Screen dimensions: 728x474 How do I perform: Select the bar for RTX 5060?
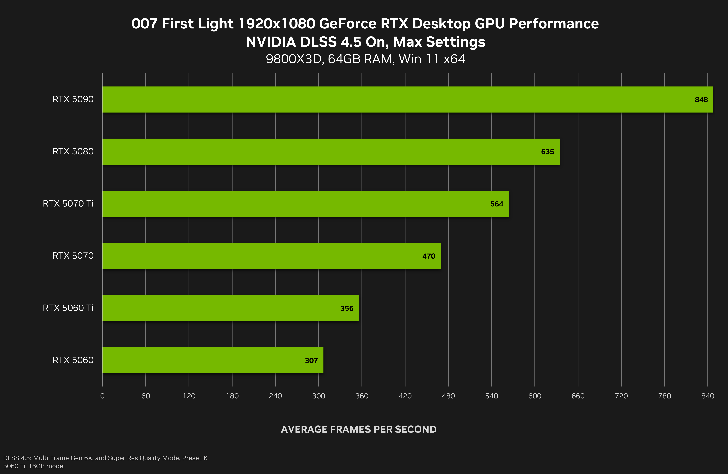[x=213, y=360]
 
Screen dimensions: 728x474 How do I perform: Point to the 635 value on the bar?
[x=548, y=152]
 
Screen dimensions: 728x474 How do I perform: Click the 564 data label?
[x=496, y=204]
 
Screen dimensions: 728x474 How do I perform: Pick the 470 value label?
[x=429, y=256]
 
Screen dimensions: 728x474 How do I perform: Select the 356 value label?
[x=347, y=308]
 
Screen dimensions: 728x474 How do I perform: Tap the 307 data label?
[x=311, y=361]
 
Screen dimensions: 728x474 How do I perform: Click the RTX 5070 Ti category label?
[x=68, y=204]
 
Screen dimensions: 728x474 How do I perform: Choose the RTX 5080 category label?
[x=73, y=151]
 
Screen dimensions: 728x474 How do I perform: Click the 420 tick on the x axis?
[x=405, y=396]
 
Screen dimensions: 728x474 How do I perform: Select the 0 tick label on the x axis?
[x=102, y=396]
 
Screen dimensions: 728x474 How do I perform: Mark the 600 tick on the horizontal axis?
[x=535, y=396]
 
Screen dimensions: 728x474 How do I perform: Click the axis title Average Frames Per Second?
[x=359, y=429]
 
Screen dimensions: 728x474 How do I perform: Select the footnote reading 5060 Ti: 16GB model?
[x=34, y=466]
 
